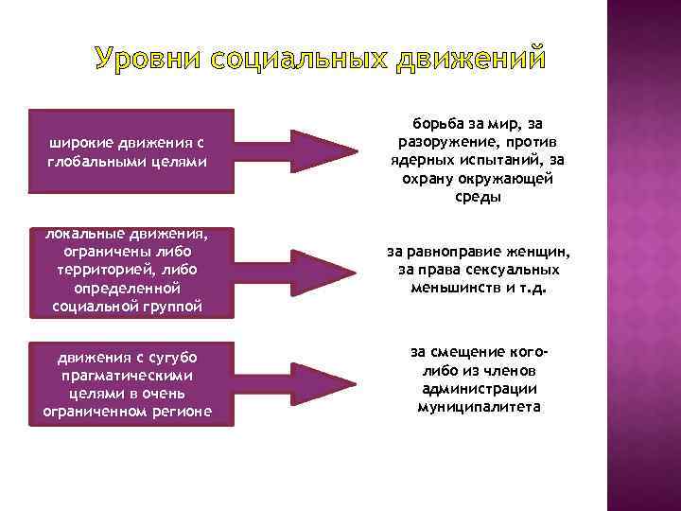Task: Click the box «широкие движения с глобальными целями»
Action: (126, 151)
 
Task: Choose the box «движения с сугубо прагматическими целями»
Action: (126, 383)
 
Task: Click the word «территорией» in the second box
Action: (104, 270)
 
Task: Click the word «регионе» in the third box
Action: (181, 412)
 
